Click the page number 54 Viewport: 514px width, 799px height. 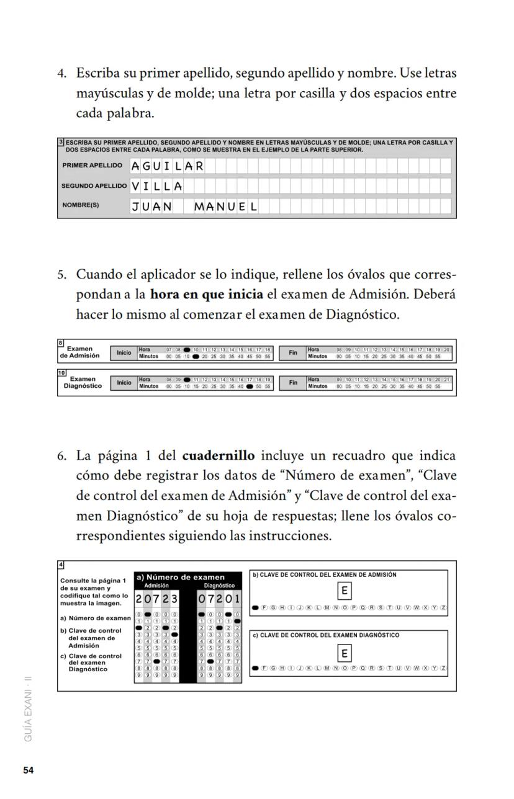coord(28,770)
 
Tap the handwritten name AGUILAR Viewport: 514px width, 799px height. coord(167,166)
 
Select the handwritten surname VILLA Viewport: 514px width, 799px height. coord(157,186)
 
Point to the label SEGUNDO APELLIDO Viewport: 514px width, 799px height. coord(94,186)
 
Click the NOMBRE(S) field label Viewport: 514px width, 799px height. coord(80,205)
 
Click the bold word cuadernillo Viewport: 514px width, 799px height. coord(219,456)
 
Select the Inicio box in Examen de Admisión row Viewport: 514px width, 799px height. coord(124,353)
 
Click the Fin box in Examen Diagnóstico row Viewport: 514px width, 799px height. coord(293,383)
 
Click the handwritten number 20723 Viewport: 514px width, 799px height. coord(157,599)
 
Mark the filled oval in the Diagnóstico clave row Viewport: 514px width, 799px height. coord(256,669)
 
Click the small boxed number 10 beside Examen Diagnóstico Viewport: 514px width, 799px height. coord(61,373)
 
